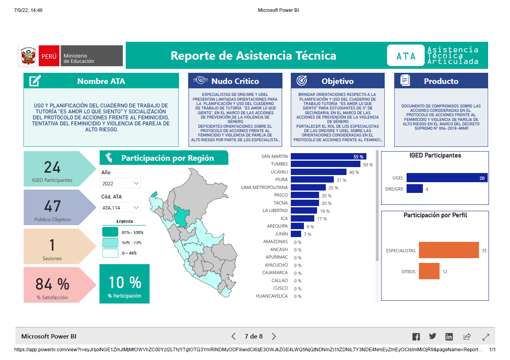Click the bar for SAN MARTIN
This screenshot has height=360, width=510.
(x=328, y=156)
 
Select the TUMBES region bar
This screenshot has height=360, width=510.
(x=325, y=164)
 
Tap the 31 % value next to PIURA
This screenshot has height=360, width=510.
(x=341, y=180)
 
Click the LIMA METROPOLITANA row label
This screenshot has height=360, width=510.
(x=264, y=187)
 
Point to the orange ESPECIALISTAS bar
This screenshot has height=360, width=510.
(x=449, y=250)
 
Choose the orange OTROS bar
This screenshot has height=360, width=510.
(x=429, y=271)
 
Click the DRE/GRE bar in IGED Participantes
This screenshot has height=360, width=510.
(x=415, y=189)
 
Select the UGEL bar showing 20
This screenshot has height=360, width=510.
(x=447, y=177)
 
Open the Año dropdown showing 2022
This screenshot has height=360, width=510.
(x=121, y=183)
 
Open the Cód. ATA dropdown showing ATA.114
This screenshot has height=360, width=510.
(x=121, y=207)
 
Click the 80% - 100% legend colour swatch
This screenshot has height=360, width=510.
(x=110, y=232)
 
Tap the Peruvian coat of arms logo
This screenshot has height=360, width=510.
(x=28, y=56)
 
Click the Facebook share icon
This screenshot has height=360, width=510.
(x=416, y=337)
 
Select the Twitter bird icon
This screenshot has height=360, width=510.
(x=432, y=336)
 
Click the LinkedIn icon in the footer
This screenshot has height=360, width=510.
(x=449, y=337)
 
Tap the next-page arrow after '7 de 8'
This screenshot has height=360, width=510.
(x=274, y=336)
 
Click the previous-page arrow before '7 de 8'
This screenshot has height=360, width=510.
(x=234, y=336)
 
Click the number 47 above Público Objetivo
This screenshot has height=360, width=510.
(x=53, y=206)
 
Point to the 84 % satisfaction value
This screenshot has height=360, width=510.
(x=53, y=284)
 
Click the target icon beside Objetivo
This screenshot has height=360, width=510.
(x=302, y=81)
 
